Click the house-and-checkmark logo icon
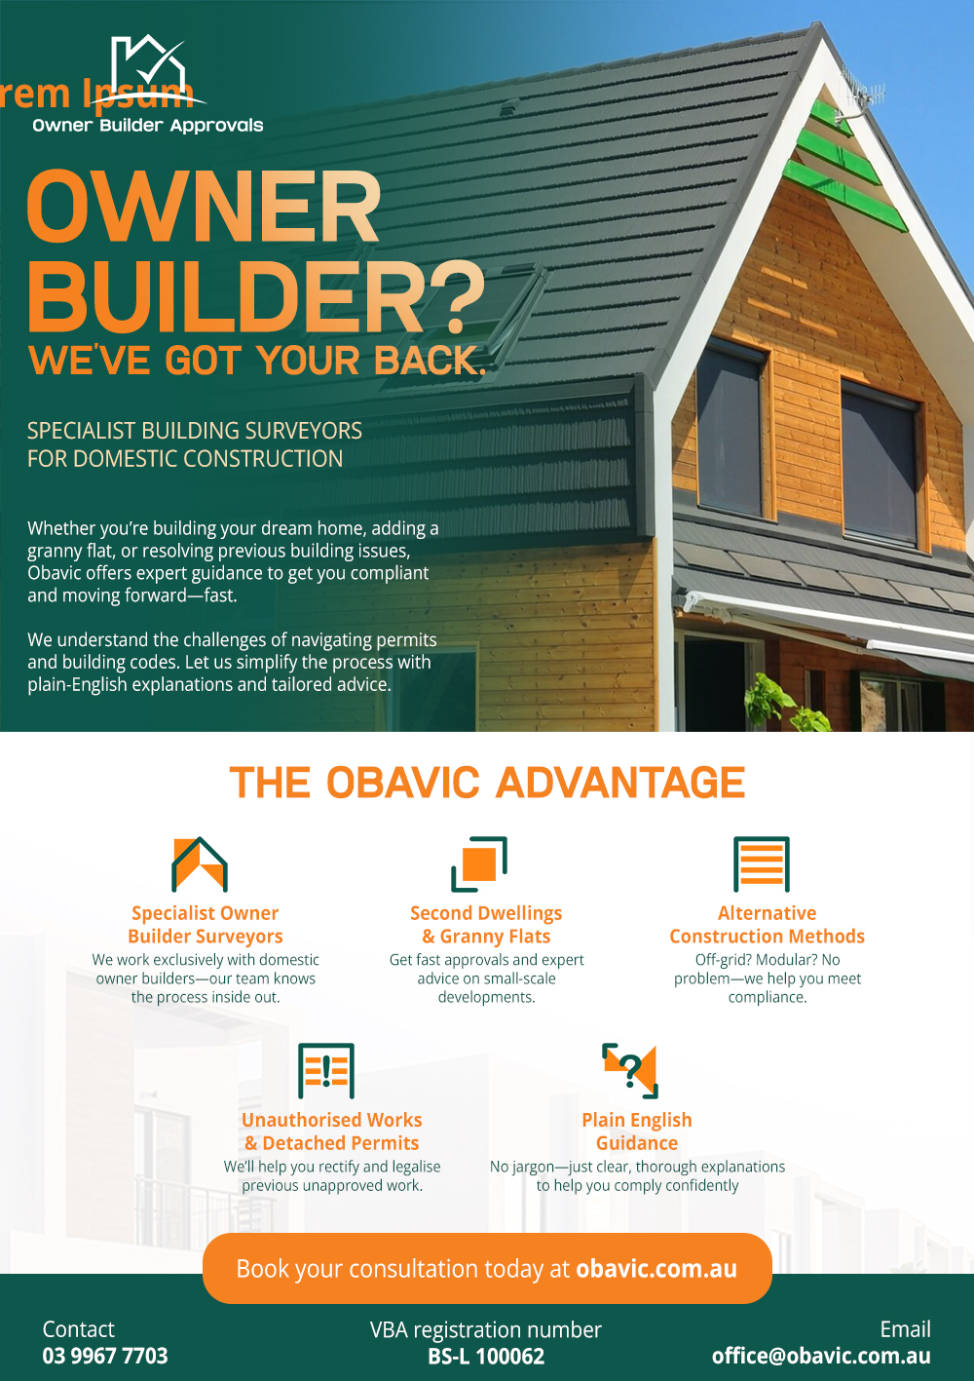[150, 69]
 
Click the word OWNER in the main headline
[204, 206]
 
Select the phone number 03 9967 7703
[105, 1356]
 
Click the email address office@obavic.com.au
[821, 1356]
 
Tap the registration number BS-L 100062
[486, 1356]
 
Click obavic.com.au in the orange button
[656, 1268]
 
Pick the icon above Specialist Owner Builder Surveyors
[200, 863]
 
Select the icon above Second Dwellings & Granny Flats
[479, 863]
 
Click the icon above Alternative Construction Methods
[762, 863]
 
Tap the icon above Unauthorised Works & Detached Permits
[326, 1071]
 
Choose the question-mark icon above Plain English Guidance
[629, 1071]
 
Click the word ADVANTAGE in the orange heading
[620, 782]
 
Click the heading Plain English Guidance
[637, 1132]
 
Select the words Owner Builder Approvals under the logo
[148, 126]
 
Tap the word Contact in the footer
[78, 1329]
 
